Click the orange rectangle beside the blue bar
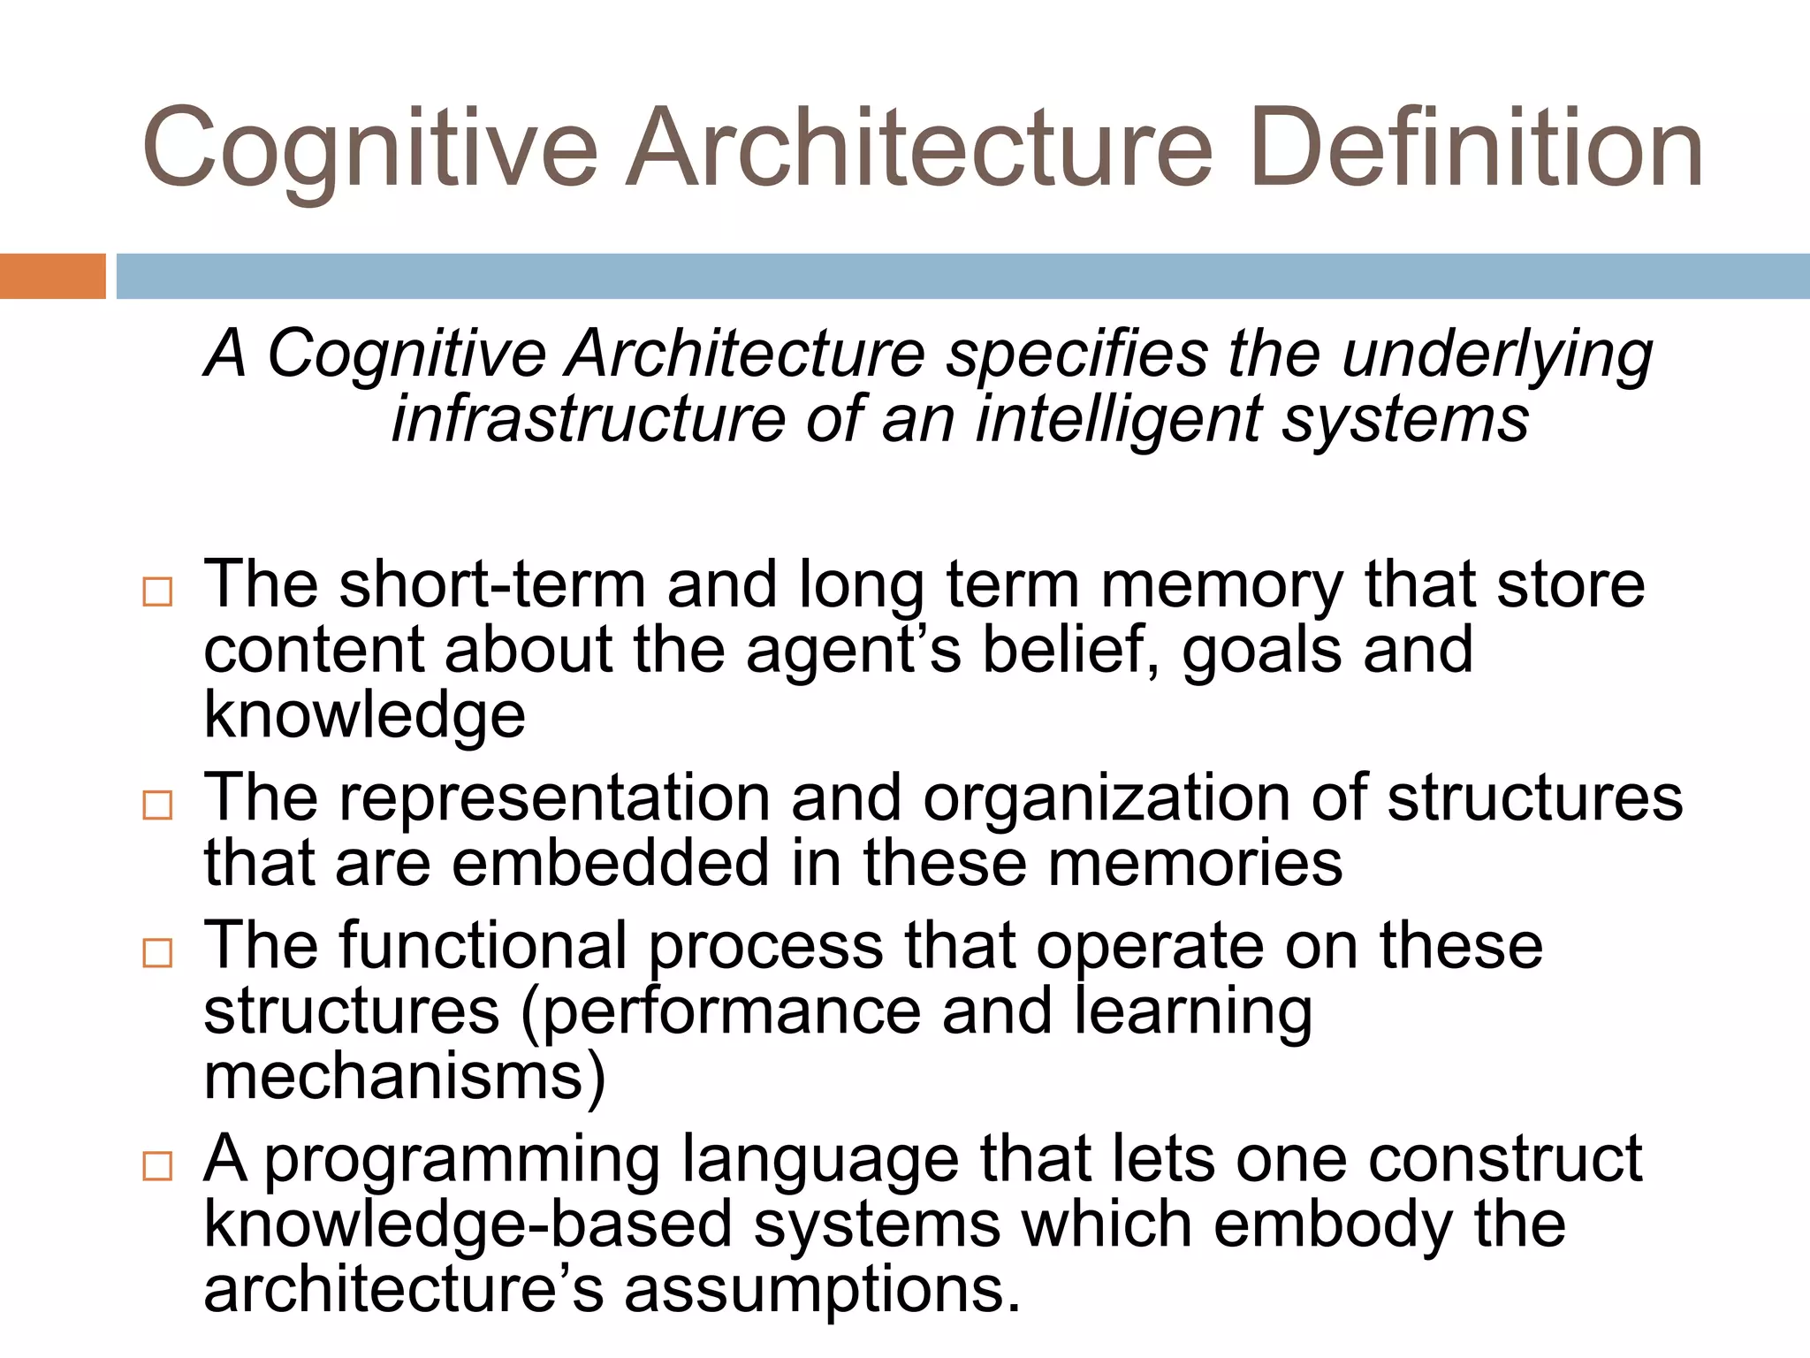click(52, 276)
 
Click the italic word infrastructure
click(589, 419)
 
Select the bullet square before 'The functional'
click(157, 952)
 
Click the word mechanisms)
click(406, 1077)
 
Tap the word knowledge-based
click(468, 1225)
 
